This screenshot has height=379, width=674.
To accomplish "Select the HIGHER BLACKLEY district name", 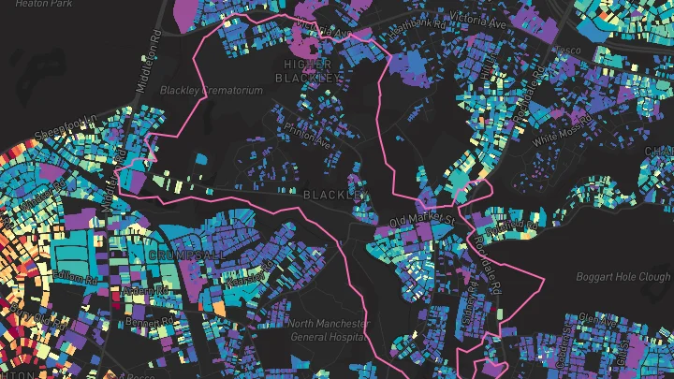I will [310, 69].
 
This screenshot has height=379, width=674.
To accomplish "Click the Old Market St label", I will [422, 222].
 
